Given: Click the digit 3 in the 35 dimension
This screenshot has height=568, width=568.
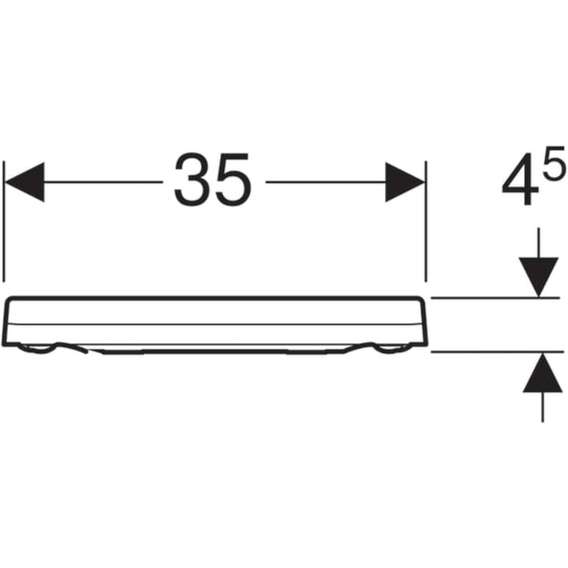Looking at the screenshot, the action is coord(193,179).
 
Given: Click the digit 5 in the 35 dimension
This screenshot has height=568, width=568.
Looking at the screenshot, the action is coord(233,179).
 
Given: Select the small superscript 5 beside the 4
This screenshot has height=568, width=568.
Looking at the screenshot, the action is coord(554,162).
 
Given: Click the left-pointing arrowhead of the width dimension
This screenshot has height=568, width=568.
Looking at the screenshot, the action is coord(24,182).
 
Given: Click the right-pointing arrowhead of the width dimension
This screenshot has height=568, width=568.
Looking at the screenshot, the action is coord(405,182).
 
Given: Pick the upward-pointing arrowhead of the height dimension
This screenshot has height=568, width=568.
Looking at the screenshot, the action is coord(542,372).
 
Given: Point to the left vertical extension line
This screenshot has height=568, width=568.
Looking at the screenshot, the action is coord(4,222).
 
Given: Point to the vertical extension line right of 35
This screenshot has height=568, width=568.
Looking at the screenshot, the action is coord(426,222).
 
